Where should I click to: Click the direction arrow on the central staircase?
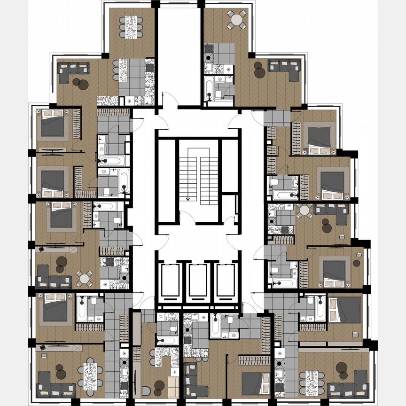(x=188, y=197)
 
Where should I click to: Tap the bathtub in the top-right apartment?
(x=209, y=89)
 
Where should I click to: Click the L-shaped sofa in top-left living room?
(x=73, y=69)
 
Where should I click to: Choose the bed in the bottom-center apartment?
(x=255, y=383)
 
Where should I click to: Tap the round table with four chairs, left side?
(x=85, y=278)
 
